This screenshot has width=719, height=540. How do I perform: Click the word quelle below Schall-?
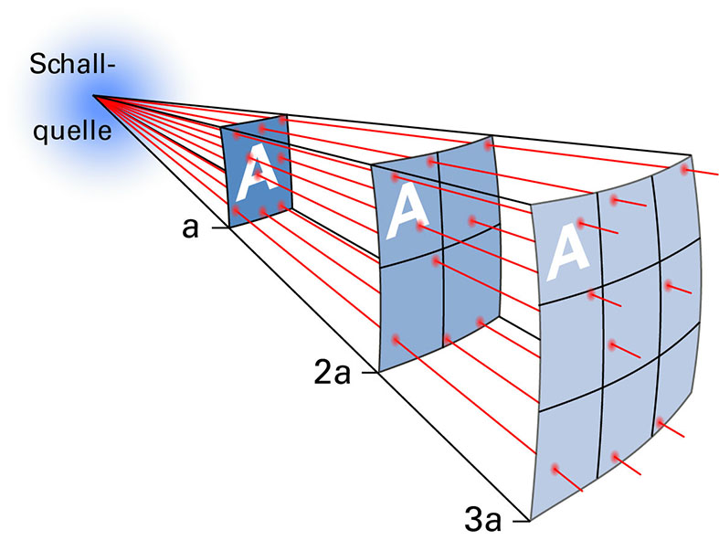click(72, 131)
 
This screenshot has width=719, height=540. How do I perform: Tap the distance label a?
click(190, 227)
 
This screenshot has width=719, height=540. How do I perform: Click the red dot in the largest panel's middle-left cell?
click(594, 294)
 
